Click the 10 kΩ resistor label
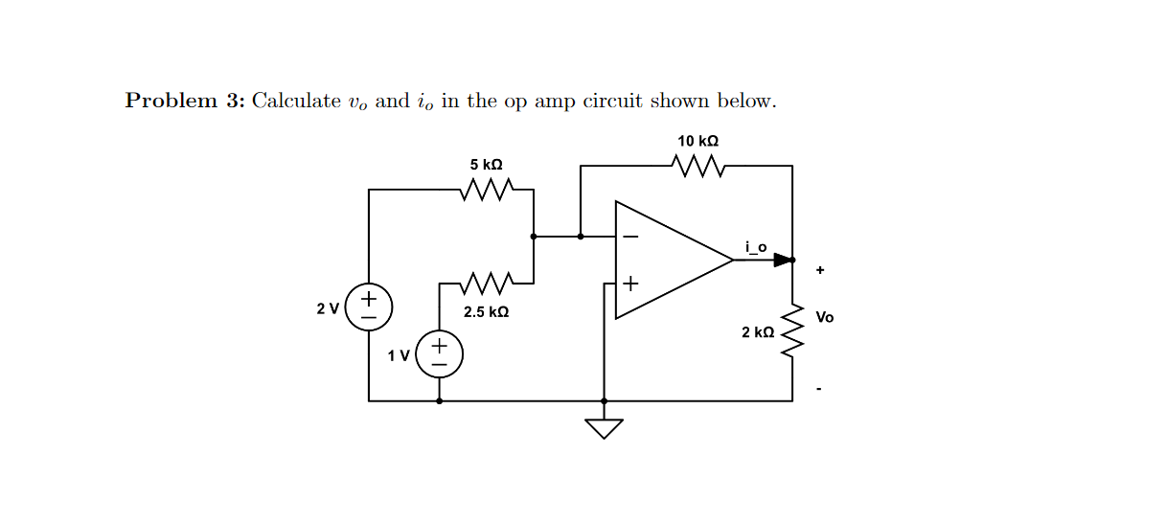698,141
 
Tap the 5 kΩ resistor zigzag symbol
487,190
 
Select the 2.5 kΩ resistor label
486,312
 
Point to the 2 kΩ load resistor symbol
792,330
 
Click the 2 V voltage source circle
369,307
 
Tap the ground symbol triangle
604,427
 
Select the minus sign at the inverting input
630,236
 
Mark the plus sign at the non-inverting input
630,284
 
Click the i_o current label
756,247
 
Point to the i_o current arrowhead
783,260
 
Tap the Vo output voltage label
825,317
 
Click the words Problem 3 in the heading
185,102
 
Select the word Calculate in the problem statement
296,102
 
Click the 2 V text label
328,308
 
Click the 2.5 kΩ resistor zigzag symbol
487,283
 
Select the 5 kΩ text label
486,165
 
